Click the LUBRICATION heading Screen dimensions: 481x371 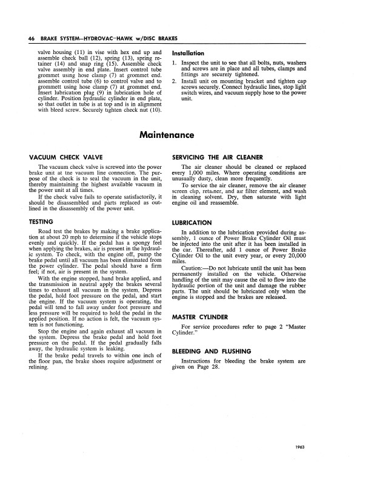[192, 223]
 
